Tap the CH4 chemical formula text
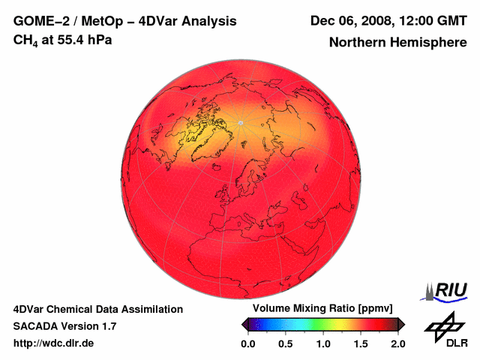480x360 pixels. click(x=27, y=40)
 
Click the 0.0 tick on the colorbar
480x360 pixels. click(x=248, y=343)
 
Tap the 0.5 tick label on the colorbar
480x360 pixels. click(x=286, y=343)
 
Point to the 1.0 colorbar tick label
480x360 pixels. click(x=323, y=343)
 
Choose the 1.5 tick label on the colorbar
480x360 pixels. click(x=361, y=343)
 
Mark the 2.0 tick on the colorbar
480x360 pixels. click(x=398, y=343)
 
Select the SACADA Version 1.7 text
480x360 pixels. click(x=64, y=326)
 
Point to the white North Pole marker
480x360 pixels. click(x=240, y=122)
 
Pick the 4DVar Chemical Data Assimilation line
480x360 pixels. click(x=98, y=309)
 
